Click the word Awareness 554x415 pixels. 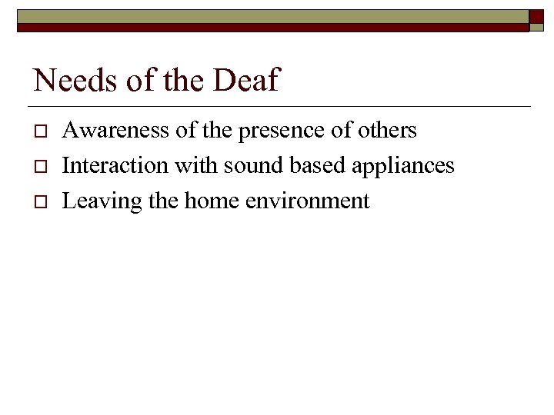pos(115,131)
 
